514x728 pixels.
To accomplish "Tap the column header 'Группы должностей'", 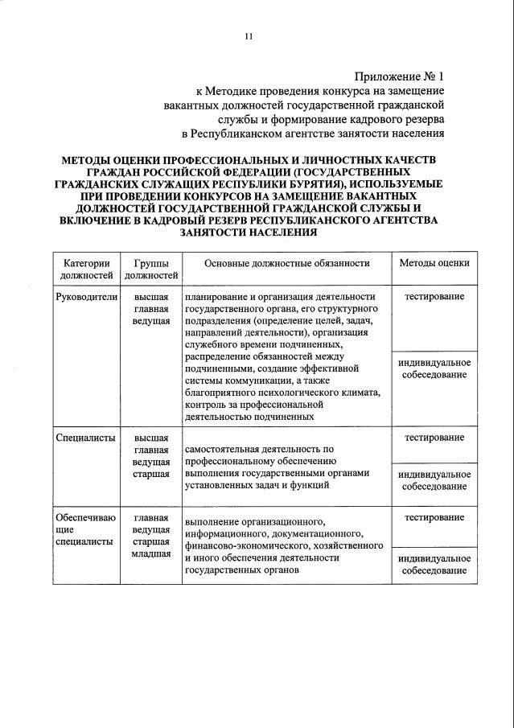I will (x=151, y=269).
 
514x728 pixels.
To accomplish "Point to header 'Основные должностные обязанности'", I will (x=287, y=263).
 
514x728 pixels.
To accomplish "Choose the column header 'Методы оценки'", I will (x=434, y=263).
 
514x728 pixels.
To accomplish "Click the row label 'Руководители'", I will (x=86, y=297).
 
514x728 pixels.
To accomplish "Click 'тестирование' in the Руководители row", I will (x=434, y=297).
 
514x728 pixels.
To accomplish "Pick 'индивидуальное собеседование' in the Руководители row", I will (x=434, y=368).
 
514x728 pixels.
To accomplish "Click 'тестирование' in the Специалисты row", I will (x=434, y=438).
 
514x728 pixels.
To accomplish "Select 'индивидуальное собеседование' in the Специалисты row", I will (x=434, y=480).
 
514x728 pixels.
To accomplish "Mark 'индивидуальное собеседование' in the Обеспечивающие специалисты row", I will (x=434, y=564).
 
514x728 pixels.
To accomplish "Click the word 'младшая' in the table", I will (x=151, y=554).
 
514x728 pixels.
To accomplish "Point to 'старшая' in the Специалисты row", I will (x=151, y=474).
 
